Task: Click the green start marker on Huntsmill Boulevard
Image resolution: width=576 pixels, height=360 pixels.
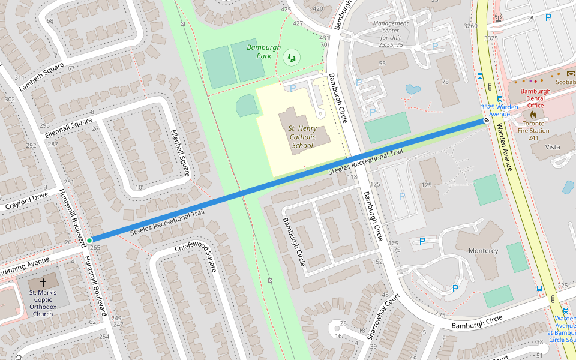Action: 89,240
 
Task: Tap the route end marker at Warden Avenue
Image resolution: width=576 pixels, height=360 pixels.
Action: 487,120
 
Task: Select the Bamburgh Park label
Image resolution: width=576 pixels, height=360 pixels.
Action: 260,51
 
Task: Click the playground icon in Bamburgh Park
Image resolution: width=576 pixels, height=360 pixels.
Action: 292,58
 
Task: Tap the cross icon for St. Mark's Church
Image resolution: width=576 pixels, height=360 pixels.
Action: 43,282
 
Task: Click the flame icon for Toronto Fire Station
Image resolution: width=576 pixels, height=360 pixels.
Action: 533,114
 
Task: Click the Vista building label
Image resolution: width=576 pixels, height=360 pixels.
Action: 552,147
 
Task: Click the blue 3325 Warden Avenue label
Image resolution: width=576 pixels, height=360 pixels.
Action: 499,110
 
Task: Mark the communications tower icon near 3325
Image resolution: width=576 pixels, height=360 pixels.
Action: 498,17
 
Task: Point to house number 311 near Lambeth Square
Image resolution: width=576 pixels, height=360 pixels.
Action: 20,77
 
